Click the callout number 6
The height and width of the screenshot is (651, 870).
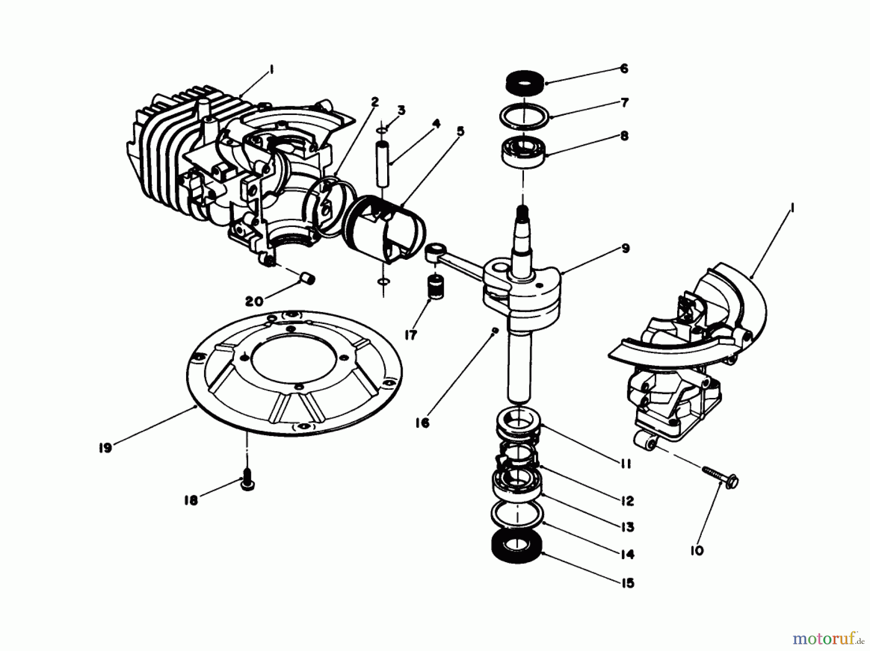coord(624,69)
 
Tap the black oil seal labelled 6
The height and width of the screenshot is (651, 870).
coord(524,82)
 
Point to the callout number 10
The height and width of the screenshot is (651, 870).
coord(697,550)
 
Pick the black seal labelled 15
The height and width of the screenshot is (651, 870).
coord(516,546)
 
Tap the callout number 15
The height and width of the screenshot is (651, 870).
coord(627,583)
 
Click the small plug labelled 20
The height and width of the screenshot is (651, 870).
coord(306,279)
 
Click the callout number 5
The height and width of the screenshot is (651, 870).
coord(460,131)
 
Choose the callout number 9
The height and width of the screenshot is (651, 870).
coord(625,248)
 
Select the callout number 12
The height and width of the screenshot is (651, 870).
coord(627,501)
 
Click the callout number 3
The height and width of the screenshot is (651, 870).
coord(401,110)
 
